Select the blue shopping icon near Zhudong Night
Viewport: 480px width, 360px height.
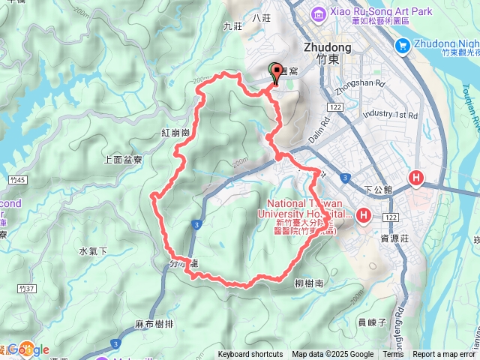point(403,46)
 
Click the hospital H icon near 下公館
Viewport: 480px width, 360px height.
point(417,178)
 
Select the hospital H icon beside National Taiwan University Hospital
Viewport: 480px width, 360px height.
point(364,216)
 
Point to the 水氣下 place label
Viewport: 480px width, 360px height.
point(93,250)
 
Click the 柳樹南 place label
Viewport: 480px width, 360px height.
point(309,283)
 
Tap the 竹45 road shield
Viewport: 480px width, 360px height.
point(19,180)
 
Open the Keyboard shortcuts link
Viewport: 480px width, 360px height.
point(250,355)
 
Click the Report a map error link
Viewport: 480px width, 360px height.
point(444,355)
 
